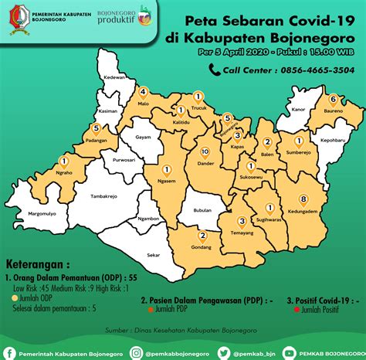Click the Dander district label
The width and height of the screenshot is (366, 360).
coord(205,164)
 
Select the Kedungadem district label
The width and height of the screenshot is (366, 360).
coord(303,211)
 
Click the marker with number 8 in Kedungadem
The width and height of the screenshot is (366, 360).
coord(303,199)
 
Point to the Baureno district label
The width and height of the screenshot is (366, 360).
coord(333,111)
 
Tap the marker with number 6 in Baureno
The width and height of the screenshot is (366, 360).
coord(333,99)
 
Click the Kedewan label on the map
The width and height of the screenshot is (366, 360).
coord(115,78)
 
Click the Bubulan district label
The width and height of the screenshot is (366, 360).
coord(202,209)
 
